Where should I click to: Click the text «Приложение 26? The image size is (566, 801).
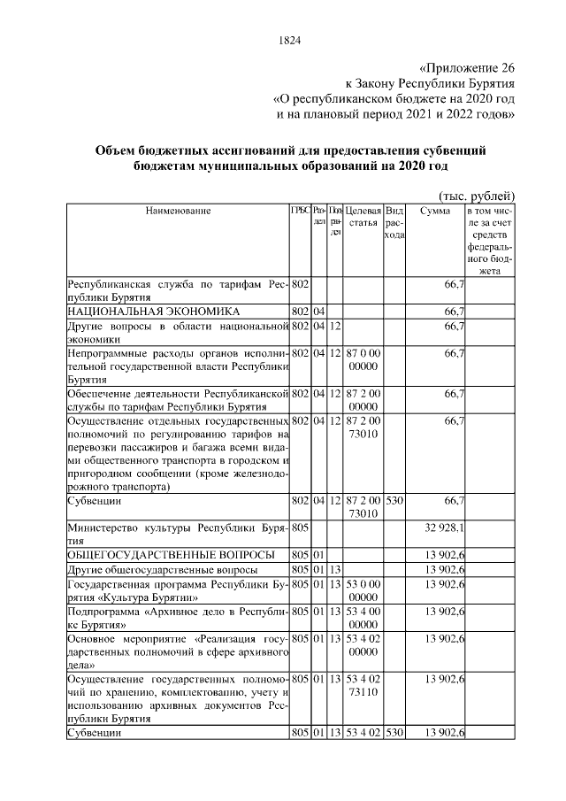466,67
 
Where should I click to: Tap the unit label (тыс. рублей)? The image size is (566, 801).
476,196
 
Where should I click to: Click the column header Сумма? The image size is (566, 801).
435,211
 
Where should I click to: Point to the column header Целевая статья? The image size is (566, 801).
363,218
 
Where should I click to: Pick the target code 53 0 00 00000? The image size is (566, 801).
363,589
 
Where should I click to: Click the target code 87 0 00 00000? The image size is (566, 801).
363,361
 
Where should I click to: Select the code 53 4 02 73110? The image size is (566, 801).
363,685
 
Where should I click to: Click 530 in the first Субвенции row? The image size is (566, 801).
394,501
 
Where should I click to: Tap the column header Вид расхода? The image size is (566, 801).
395,223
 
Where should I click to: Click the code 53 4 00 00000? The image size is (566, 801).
363,618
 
